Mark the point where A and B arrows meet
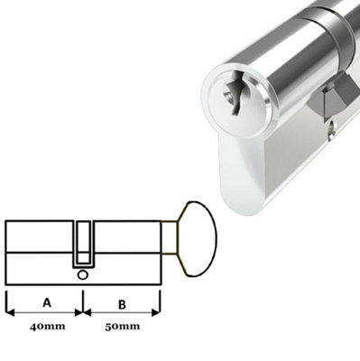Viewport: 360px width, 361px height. tap(82, 313)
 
